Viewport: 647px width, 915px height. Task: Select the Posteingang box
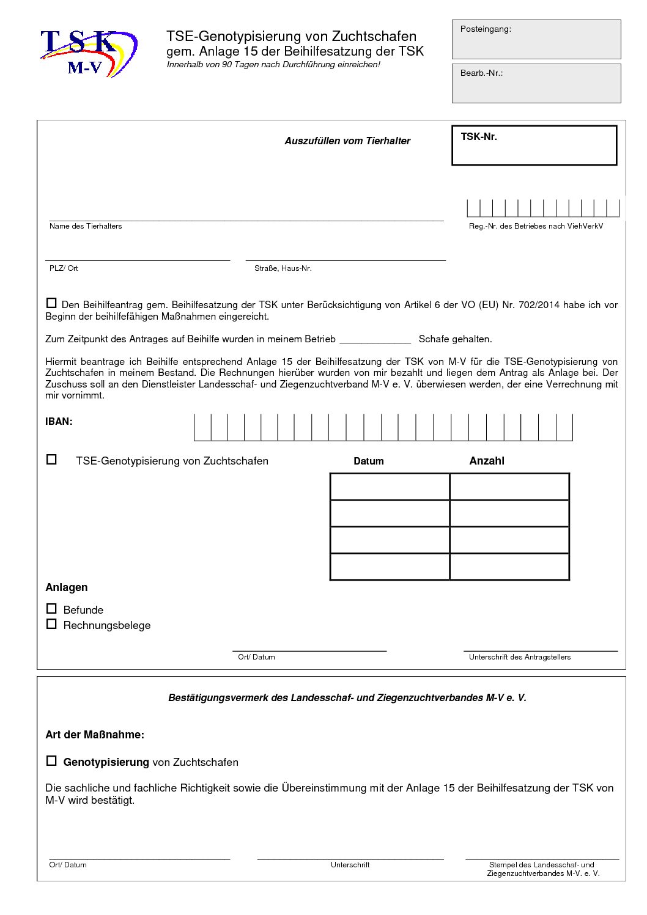[x=536, y=39]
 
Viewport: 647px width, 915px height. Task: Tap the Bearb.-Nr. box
[x=536, y=83]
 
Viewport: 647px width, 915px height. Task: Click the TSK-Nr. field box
[x=534, y=145]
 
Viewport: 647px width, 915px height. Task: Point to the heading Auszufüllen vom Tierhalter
[x=347, y=141]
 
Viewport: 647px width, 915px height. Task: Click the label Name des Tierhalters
[x=86, y=226]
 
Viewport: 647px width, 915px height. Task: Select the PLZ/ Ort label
[x=64, y=268]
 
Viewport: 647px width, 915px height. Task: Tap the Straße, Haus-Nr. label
[x=283, y=268]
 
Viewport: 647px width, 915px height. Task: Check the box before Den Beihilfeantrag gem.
[x=51, y=303]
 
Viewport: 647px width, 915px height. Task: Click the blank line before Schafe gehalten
[x=375, y=339]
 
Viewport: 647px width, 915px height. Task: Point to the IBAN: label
[x=59, y=421]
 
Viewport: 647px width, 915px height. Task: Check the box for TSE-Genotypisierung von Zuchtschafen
[x=51, y=459]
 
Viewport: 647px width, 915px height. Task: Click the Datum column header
[x=368, y=461]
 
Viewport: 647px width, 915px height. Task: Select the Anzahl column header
[x=486, y=461]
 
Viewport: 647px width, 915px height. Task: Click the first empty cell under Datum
[x=390, y=487]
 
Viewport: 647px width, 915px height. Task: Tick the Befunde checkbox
[x=51, y=609]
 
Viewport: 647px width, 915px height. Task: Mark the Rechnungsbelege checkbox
[x=51, y=624]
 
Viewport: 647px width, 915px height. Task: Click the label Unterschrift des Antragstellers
[x=519, y=657]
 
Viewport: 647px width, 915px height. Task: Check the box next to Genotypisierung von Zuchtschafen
[x=51, y=761]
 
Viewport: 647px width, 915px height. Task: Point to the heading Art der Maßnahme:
[x=95, y=735]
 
